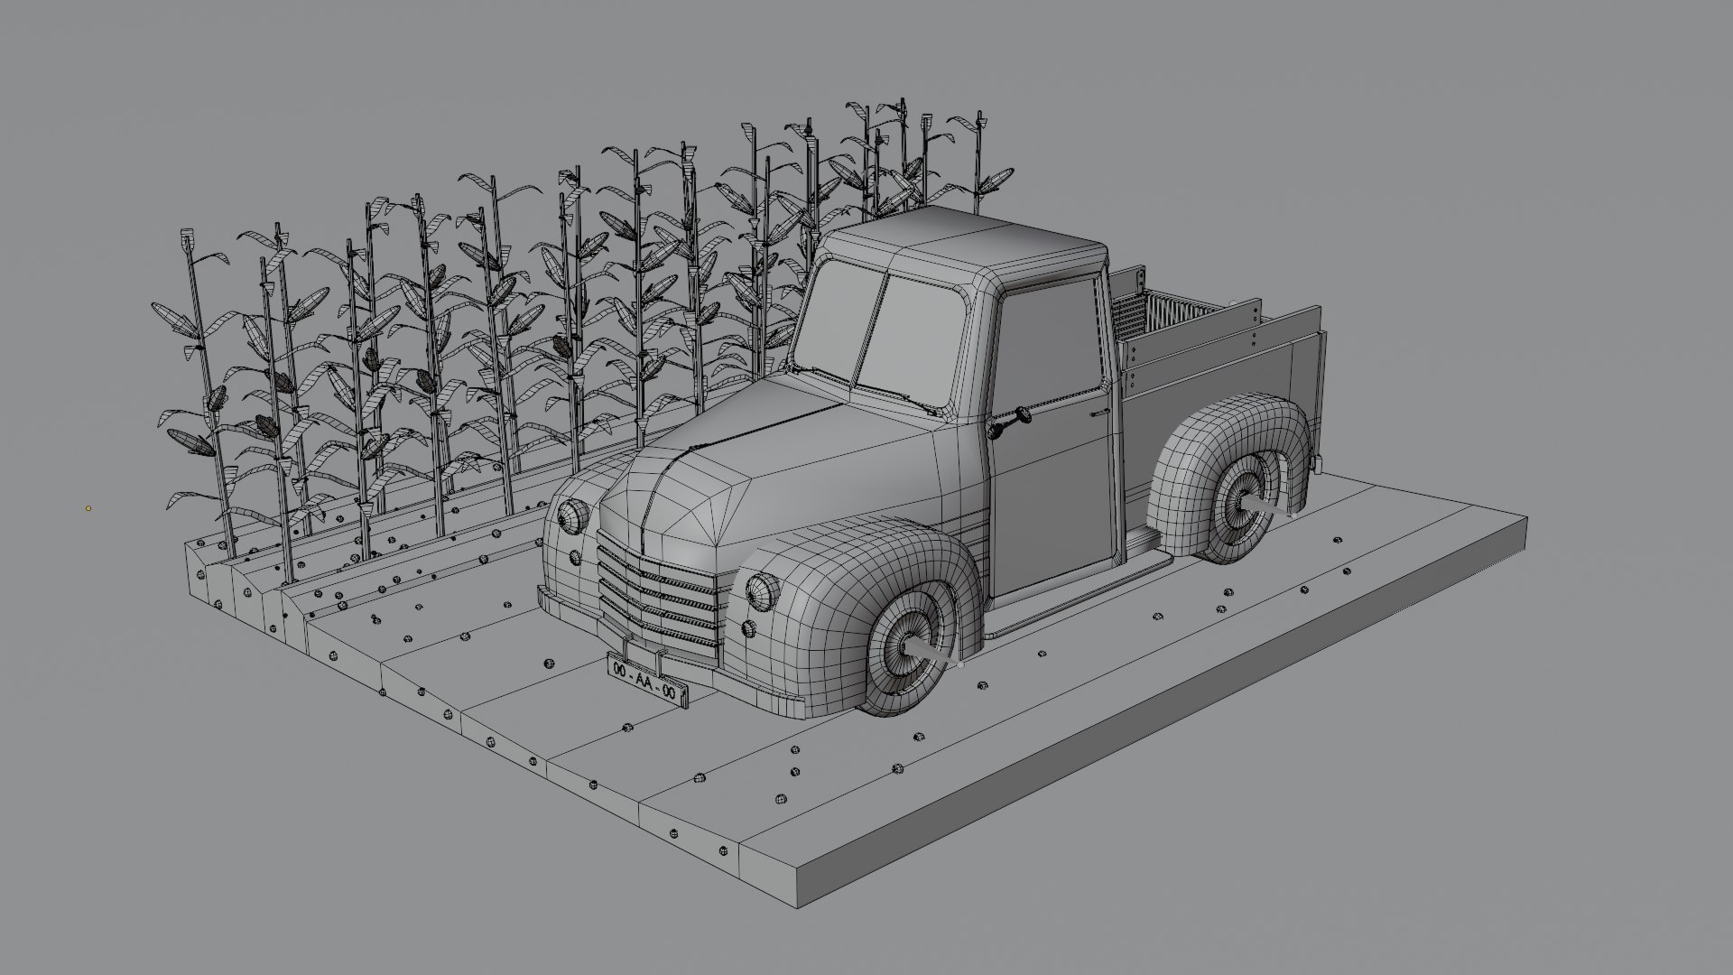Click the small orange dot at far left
point(88,508)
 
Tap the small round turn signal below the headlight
point(747,629)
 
